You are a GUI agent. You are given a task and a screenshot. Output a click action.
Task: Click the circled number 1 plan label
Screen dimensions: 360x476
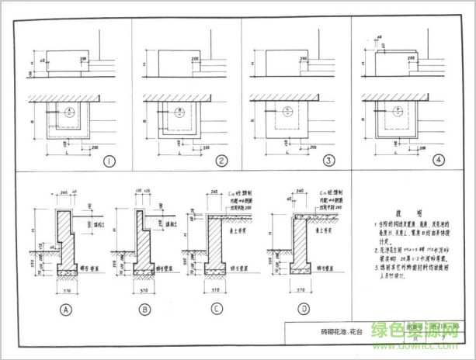(108, 161)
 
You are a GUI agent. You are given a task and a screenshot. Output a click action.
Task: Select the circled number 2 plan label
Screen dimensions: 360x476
(221, 161)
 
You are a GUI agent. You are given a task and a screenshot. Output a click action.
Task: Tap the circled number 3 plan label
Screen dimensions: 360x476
(329, 161)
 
